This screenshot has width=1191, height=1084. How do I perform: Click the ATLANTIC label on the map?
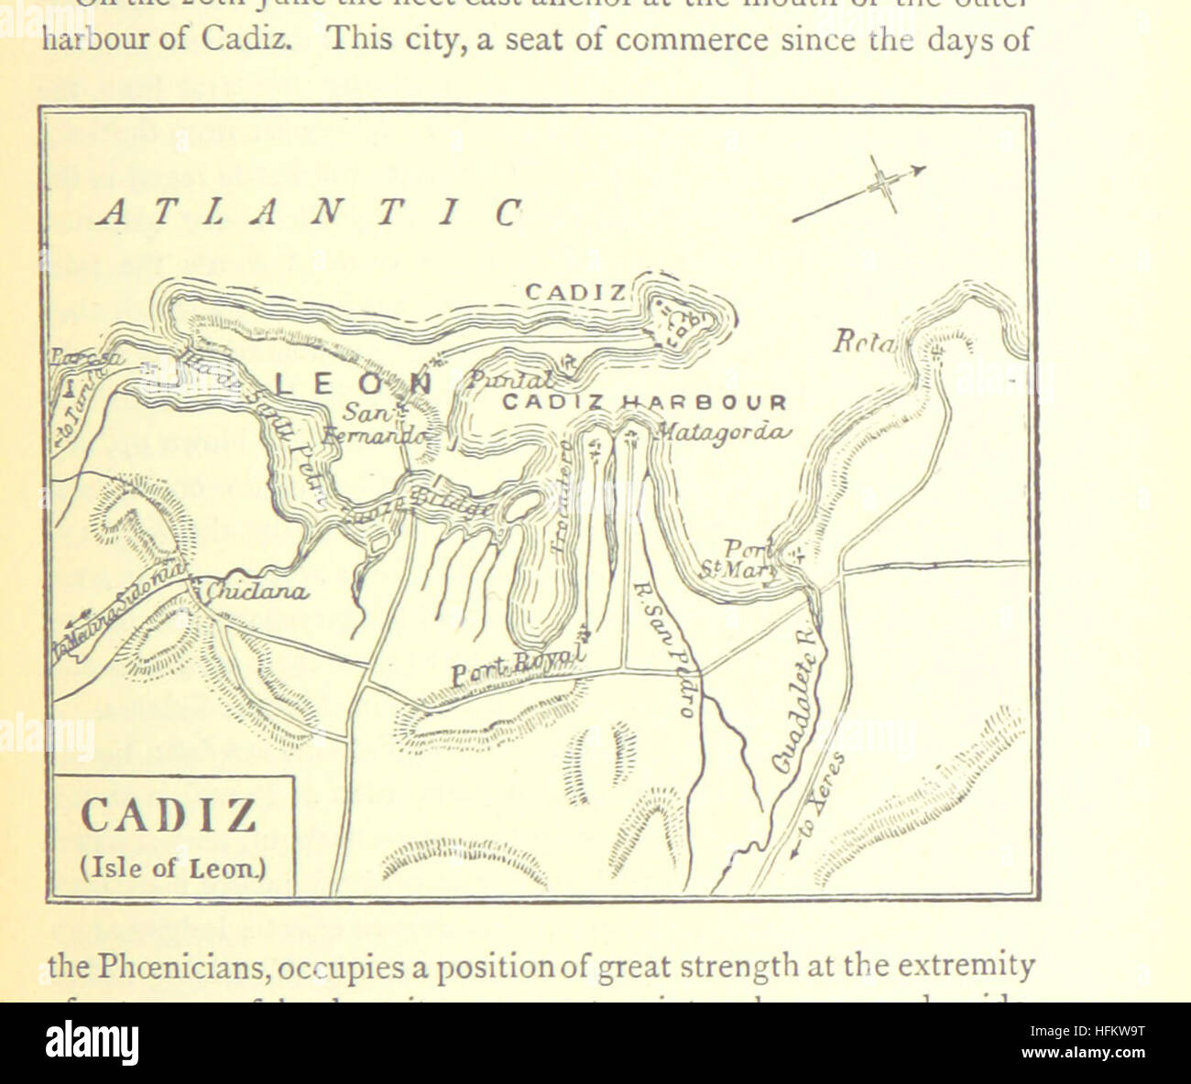click(310, 212)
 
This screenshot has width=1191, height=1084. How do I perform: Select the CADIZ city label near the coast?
click(575, 293)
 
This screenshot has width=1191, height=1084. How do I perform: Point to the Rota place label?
click(864, 342)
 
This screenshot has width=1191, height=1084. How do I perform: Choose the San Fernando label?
click(374, 425)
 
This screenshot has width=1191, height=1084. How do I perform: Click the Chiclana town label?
click(256, 592)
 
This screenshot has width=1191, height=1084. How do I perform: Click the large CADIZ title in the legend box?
click(169, 815)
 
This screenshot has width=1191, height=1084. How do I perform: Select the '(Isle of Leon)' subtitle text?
click(173, 867)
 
